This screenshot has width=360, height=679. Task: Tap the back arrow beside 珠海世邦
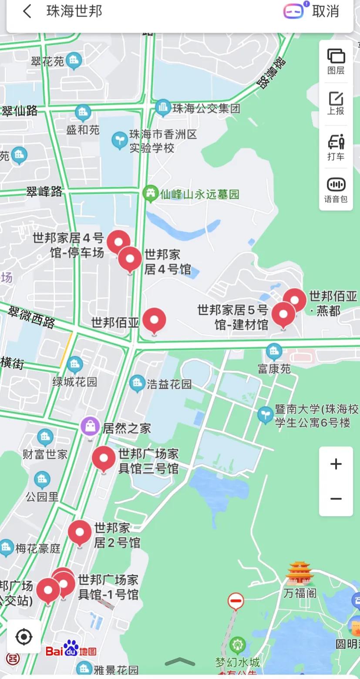coord(27,11)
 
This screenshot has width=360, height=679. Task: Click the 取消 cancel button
coord(325,11)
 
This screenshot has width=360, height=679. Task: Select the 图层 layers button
coord(336,61)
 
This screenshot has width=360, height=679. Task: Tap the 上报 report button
coord(336,103)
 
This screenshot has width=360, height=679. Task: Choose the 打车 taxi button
coord(336,147)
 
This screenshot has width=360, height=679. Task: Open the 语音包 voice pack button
coord(336,190)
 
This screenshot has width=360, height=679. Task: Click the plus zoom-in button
coord(336,464)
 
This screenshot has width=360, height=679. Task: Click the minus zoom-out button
coord(336,499)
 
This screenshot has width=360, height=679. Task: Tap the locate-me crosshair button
coord(24,637)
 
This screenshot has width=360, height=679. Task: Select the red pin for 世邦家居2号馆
coord(80,533)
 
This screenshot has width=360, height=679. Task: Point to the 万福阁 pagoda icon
coord(300,573)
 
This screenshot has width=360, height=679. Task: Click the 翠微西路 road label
coord(32,317)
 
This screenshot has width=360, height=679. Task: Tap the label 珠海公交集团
coord(206,108)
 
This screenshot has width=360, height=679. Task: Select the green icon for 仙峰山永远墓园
coord(151,193)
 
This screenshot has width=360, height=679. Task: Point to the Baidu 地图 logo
coord(71,650)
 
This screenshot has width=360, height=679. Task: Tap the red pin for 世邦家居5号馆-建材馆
coord(283,314)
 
